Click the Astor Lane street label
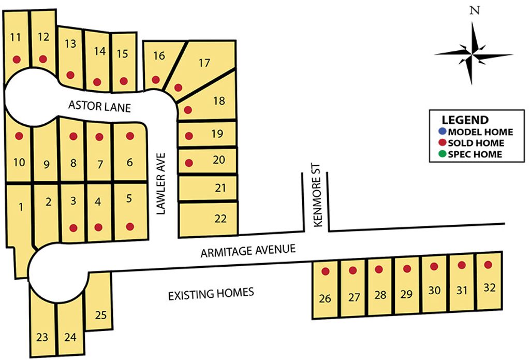point(100,106)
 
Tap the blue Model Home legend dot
point(441,132)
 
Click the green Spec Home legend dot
point(441,154)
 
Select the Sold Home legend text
point(476,143)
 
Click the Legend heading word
point(465,120)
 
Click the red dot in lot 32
point(488,265)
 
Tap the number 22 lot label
point(220,219)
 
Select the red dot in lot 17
point(179,87)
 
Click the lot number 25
point(101,314)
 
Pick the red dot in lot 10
point(19,136)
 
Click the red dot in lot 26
point(326,271)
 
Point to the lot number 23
point(42,338)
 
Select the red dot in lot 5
point(130,226)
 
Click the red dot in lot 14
point(97,81)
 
